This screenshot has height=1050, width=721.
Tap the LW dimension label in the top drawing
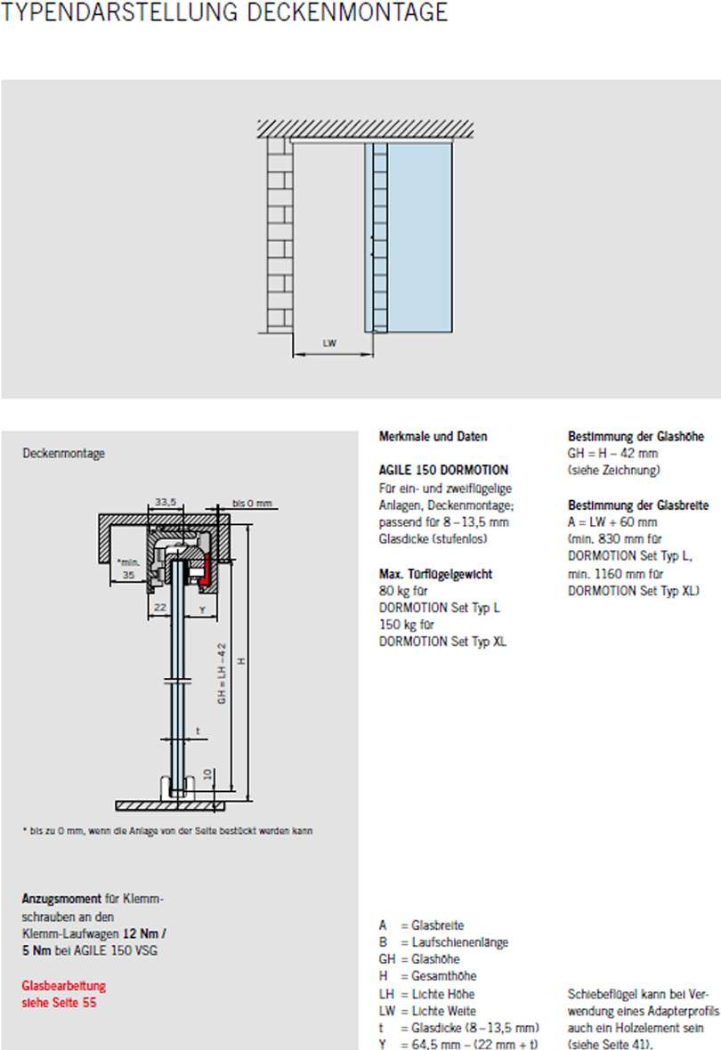point(330,343)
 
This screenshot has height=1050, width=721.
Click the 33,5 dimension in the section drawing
point(166,503)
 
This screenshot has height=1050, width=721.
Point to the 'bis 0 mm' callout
point(251,503)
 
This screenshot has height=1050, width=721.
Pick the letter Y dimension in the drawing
point(201,610)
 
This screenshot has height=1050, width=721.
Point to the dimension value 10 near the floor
point(207,774)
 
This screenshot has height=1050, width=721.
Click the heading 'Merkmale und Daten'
point(433,437)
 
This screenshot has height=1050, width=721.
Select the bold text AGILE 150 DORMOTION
point(443,471)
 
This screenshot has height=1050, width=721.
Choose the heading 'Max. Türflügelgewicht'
point(435,574)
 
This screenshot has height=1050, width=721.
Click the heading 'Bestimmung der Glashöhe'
point(636,437)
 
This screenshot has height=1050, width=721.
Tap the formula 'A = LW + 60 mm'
point(612,522)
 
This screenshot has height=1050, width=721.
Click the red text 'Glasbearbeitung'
point(63,986)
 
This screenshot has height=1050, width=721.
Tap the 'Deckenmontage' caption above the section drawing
point(63,454)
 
